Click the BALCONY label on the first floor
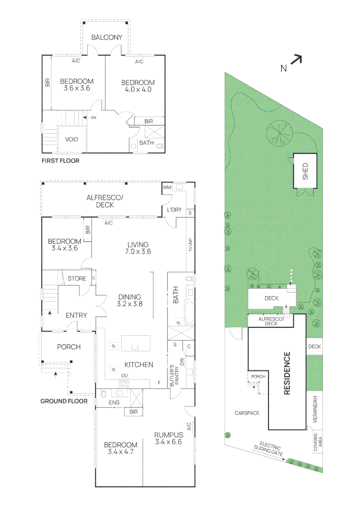coord(107,37)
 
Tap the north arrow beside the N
coord(295,59)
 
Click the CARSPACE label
coord(247,413)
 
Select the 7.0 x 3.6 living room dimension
coord(138,251)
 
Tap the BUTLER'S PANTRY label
coord(175,374)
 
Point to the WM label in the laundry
coord(166,187)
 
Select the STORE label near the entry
coord(77,279)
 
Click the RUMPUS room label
coord(168,435)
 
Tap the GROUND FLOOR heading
coord(64,401)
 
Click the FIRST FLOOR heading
coord(60,161)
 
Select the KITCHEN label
coord(139,365)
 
